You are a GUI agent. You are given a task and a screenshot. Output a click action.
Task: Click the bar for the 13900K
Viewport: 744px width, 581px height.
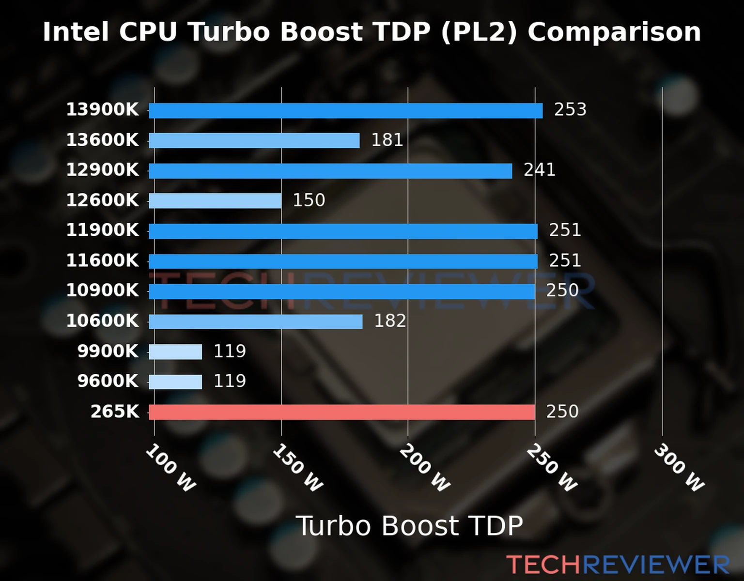[x=345, y=110]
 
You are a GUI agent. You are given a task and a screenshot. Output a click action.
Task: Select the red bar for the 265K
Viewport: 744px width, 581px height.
[x=341, y=412]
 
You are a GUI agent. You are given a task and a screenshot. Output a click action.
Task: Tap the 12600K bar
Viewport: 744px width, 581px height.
[x=215, y=200]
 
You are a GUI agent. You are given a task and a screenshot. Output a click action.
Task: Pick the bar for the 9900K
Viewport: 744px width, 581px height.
[x=175, y=352]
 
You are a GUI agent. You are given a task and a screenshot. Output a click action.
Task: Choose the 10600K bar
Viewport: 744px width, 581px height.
[x=255, y=321]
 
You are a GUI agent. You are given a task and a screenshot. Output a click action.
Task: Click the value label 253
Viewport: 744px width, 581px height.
[x=570, y=109]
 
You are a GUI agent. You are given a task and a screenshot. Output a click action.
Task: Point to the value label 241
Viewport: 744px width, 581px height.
[x=539, y=170]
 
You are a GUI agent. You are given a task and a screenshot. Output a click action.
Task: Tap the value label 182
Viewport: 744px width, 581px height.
[x=390, y=321]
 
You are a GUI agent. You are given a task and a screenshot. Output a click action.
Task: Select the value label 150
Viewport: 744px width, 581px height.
[x=309, y=200]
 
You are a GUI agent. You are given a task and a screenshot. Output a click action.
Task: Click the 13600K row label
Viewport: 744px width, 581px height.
[x=102, y=140]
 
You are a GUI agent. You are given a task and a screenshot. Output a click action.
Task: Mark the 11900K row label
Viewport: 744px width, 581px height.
[x=102, y=230]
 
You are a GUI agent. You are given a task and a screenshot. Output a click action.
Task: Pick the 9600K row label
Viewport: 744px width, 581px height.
[x=108, y=381]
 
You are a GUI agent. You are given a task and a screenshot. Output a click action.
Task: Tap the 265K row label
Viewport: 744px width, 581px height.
[x=115, y=412]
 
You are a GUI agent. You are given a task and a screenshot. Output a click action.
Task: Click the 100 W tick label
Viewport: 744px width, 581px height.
[x=170, y=468]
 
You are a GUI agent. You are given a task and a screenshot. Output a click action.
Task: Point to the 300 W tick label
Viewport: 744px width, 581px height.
[x=679, y=468]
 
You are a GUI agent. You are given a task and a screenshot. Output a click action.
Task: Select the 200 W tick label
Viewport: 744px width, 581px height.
[x=425, y=468]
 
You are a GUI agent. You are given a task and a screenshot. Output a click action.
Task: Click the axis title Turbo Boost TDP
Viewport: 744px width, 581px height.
[x=409, y=526]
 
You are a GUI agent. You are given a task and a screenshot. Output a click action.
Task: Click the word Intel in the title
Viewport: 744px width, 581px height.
[x=75, y=32]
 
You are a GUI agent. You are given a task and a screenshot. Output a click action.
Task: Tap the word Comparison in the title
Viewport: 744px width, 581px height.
[x=614, y=32]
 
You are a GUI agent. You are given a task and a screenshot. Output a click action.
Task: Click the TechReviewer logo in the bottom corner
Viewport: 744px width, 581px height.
[x=618, y=565]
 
